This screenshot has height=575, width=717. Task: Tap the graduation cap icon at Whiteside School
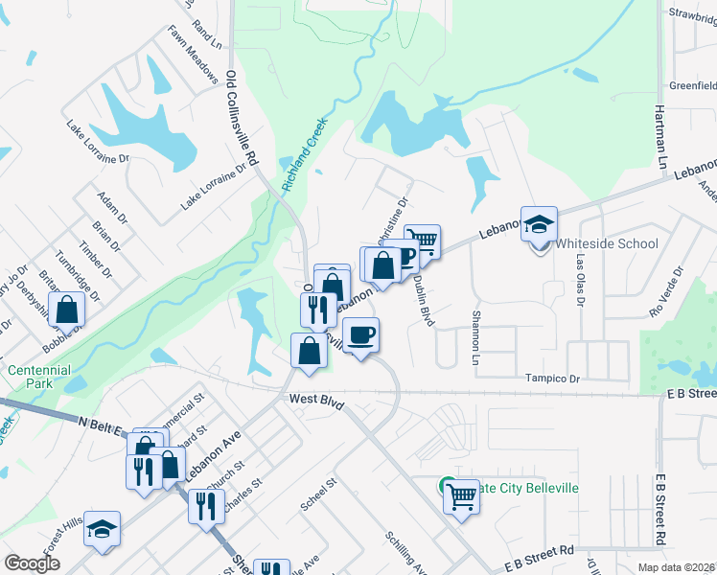pyautogui.click(x=540, y=225)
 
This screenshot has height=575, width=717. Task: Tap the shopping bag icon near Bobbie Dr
pyautogui.click(x=66, y=310)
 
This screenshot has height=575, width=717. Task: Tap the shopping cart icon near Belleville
pyautogui.click(x=462, y=496)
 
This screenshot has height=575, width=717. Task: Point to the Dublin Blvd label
pyautogui.click(x=424, y=302)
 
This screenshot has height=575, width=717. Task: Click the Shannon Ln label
pyautogui.click(x=474, y=337)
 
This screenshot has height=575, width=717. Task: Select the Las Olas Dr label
pyautogui.click(x=579, y=274)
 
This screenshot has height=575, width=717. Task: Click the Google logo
pyautogui.click(x=33, y=563)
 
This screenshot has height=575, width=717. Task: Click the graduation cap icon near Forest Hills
pyautogui.click(x=103, y=530)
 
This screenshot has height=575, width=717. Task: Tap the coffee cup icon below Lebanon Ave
pyautogui.click(x=360, y=335)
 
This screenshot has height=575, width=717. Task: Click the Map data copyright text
pyautogui.click(x=675, y=567)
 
